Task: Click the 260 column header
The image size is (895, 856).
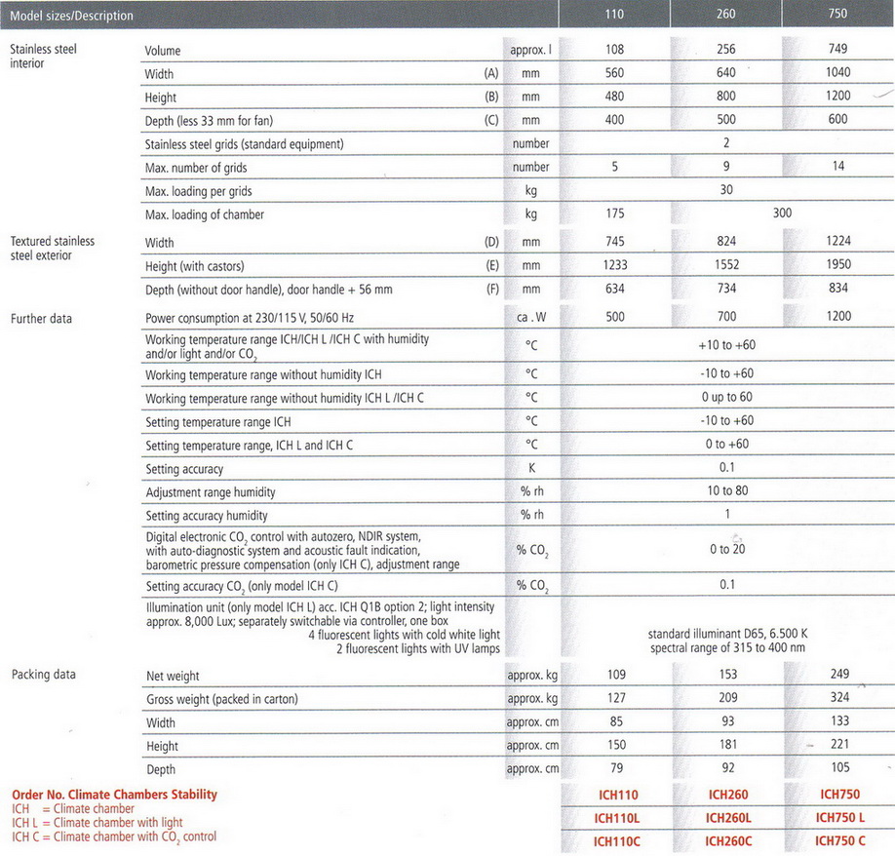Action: (726, 15)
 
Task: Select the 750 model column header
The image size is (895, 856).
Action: (837, 15)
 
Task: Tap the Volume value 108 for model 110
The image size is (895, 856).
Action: (615, 49)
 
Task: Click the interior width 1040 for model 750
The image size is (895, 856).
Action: (837, 72)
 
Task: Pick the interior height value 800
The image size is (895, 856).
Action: (726, 97)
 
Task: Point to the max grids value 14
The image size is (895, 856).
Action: (837, 167)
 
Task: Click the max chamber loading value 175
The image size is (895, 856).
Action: (615, 214)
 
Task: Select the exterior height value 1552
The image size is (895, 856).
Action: (726, 264)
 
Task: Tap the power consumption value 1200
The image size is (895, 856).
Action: (837, 316)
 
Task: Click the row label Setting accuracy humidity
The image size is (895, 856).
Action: (206, 516)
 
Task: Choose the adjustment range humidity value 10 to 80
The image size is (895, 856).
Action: (726, 491)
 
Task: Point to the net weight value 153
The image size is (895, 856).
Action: (726, 675)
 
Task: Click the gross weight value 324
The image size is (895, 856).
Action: (837, 698)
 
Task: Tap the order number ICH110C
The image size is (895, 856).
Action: (616, 840)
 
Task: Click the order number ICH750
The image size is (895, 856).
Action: (839, 795)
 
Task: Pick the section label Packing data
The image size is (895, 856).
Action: (43, 675)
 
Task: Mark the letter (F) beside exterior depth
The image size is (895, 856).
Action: (491, 289)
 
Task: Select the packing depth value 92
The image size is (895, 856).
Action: (726, 768)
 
